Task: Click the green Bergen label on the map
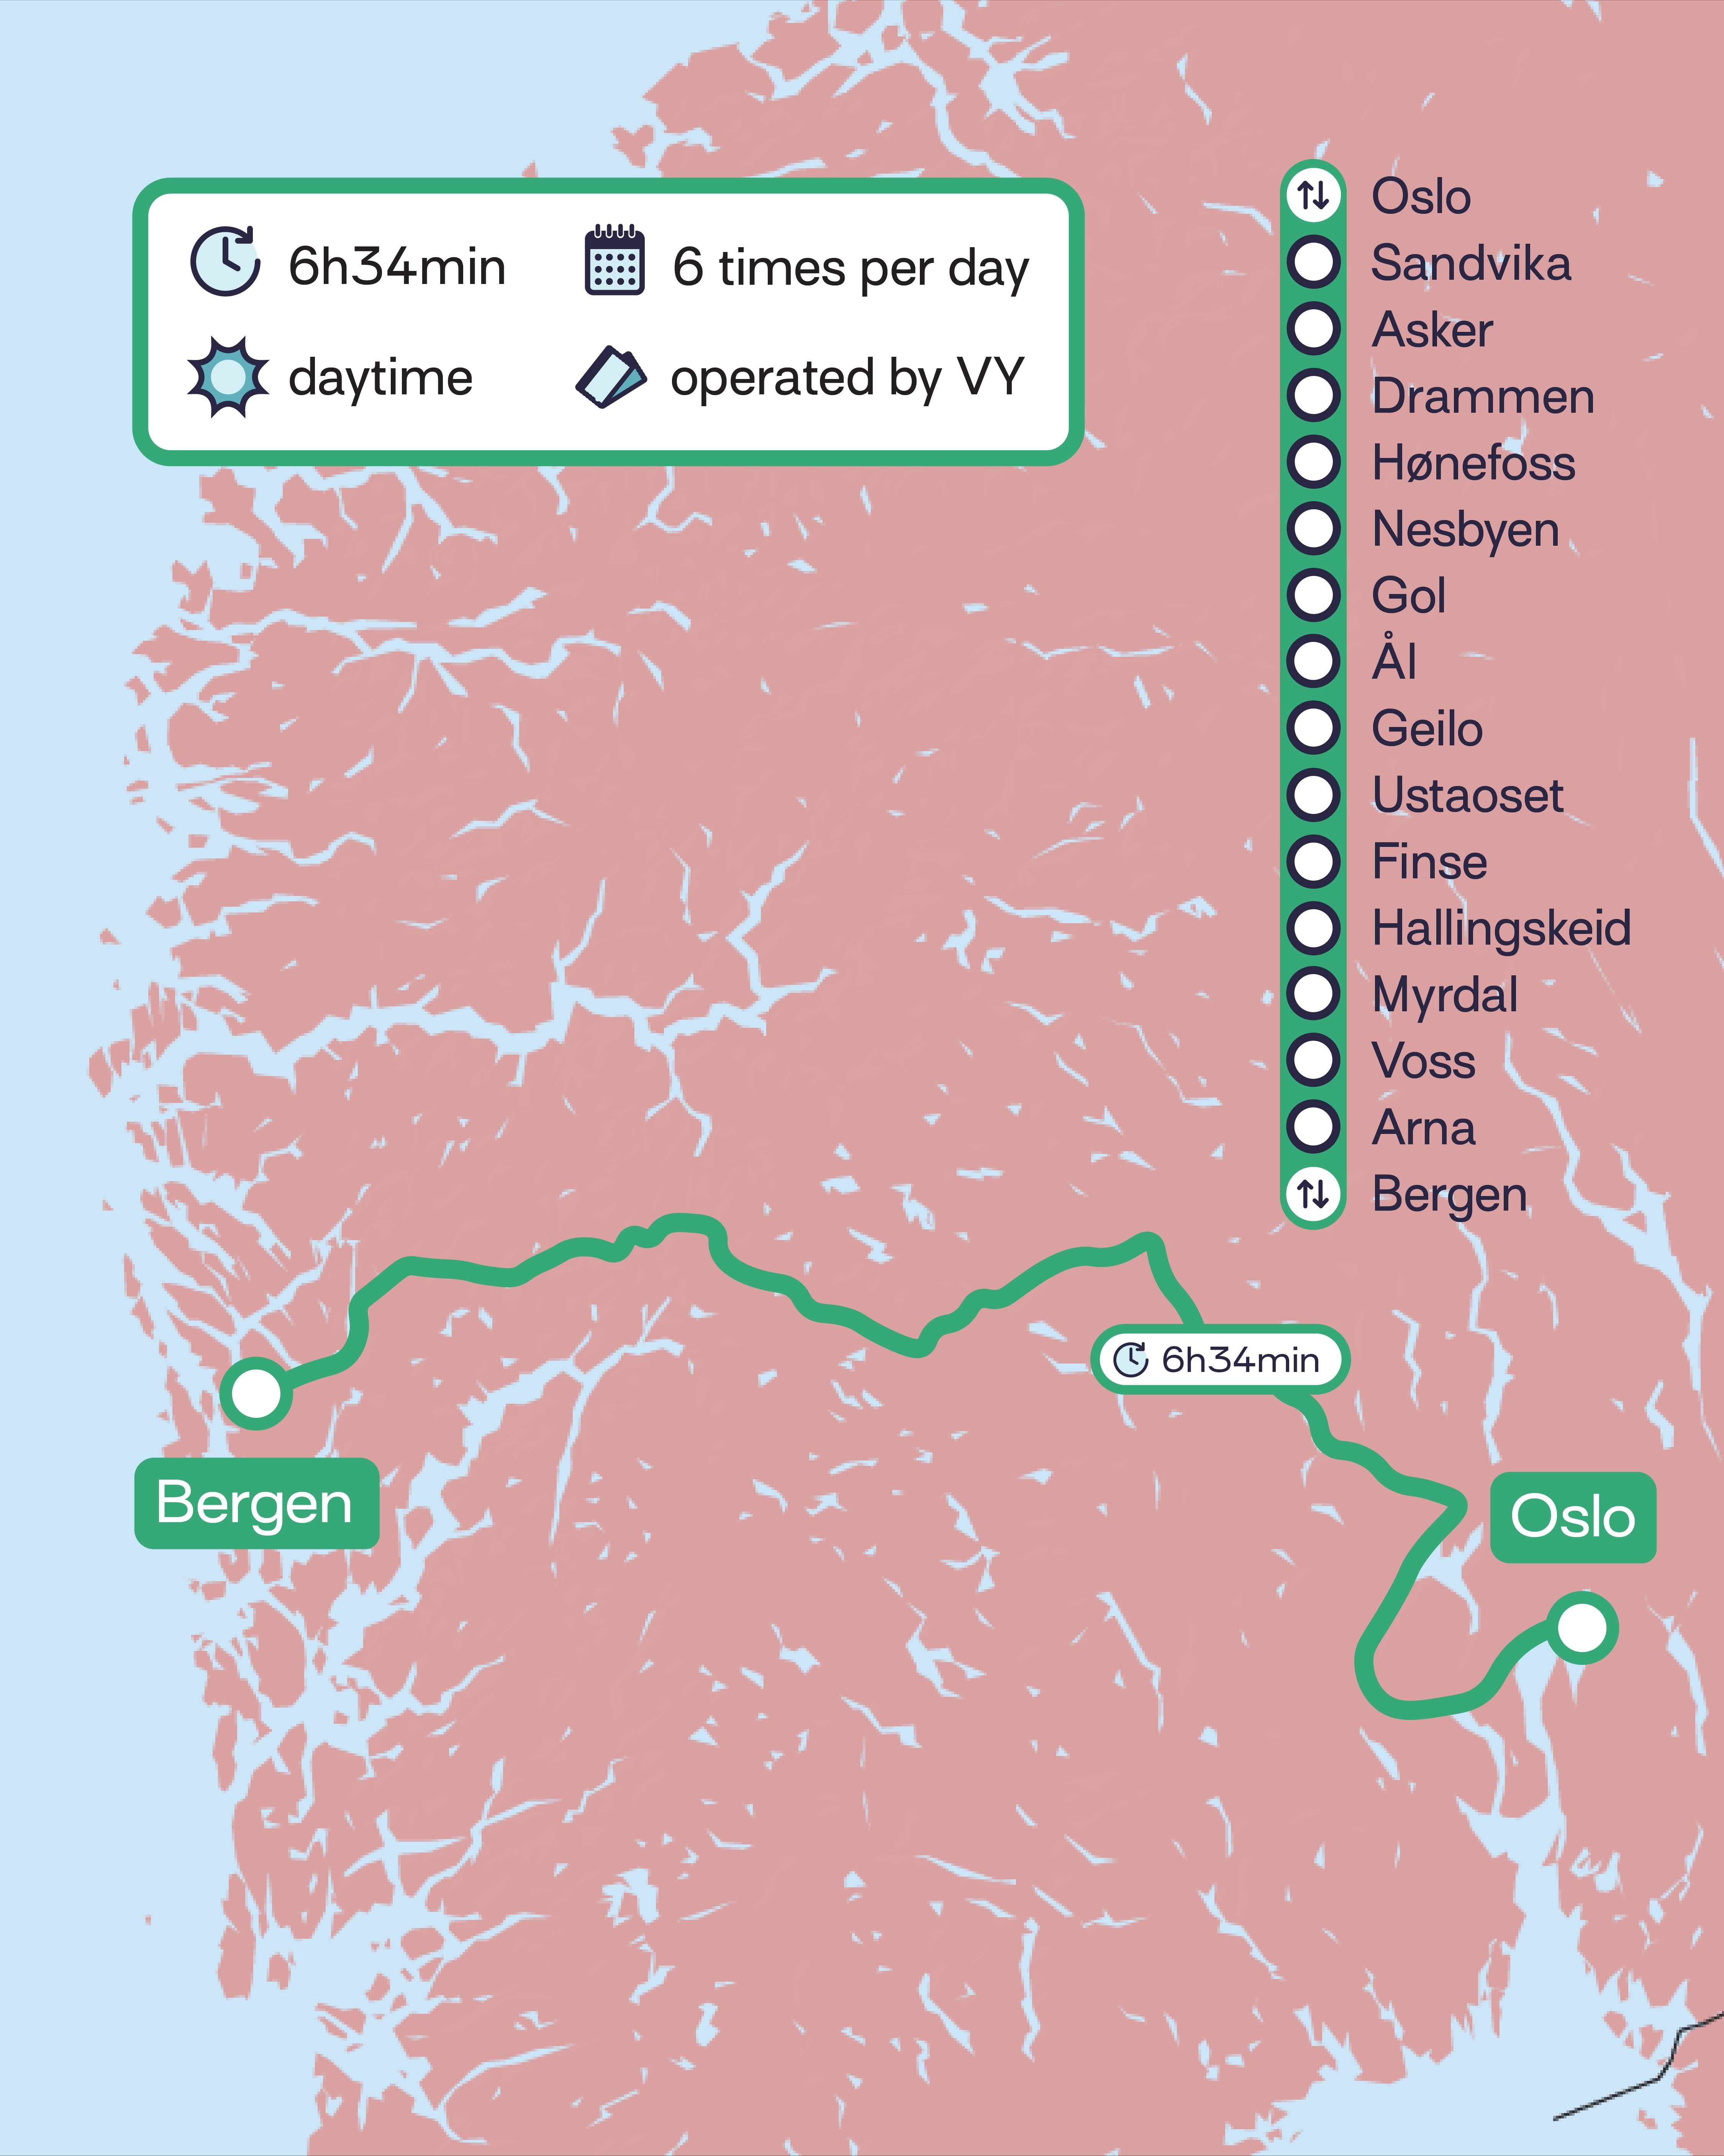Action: tap(256, 1503)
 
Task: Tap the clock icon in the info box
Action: tap(225, 262)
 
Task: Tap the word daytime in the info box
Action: tap(380, 378)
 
